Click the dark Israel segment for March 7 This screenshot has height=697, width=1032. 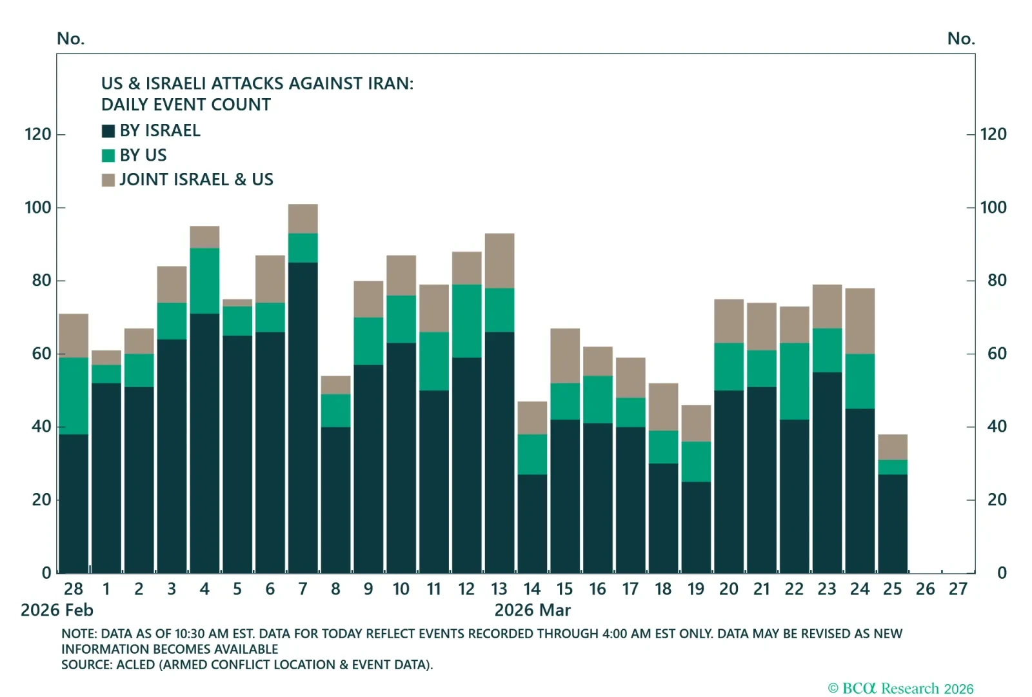tap(303, 417)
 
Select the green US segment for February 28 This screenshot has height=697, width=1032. tap(74, 396)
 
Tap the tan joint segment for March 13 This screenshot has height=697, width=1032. tap(499, 261)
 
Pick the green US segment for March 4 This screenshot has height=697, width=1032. tap(204, 281)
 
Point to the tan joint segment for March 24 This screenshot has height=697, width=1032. tap(860, 321)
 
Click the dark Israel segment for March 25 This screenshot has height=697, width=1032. tap(893, 523)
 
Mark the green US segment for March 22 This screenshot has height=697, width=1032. tap(794, 381)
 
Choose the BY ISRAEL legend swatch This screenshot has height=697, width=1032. tap(108, 131)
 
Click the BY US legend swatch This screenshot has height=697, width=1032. tap(108, 156)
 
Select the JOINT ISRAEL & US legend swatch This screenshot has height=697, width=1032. tap(108, 180)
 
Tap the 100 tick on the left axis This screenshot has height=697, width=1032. tap(37, 208)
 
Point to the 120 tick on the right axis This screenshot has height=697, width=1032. tap(993, 134)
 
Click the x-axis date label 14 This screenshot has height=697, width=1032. tap(532, 589)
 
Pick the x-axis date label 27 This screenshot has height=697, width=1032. tap(958, 589)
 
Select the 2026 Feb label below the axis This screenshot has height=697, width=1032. tap(57, 611)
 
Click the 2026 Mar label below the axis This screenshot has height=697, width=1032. tap(532, 611)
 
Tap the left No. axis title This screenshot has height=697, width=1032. tap(70, 39)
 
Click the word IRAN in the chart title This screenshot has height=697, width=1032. tap(388, 84)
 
